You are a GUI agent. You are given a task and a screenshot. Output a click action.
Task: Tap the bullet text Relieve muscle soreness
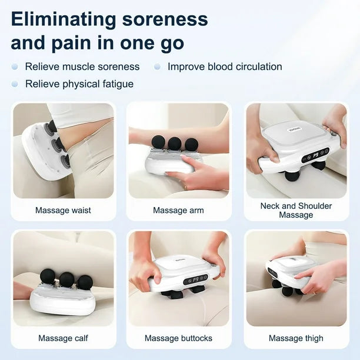(x=82, y=66)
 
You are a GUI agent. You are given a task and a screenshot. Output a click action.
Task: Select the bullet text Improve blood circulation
(x=225, y=66)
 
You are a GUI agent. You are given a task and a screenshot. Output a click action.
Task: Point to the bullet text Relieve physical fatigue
(x=79, y=84)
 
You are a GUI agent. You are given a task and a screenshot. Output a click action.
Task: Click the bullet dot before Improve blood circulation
(x=157, y=66)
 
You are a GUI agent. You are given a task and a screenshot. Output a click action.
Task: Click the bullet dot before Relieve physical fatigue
(x=15, y=84)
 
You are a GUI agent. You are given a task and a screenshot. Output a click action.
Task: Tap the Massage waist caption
(x=63, y=210)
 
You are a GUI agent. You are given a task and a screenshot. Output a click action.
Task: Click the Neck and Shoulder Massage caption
(x=296, y=210)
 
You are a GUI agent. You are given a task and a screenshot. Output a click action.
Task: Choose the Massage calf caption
(x=63, y=338)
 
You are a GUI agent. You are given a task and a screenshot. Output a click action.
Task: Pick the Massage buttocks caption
(x=178, y=338)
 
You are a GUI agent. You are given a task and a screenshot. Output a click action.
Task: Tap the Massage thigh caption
(x=296, y=338)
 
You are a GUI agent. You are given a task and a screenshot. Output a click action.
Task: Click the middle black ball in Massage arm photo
(x=175, y=144)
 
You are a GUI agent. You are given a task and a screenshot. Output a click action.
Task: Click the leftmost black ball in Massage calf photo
(x=48, y=276)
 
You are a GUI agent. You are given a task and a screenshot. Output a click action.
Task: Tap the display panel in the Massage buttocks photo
(x=195, y=279)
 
